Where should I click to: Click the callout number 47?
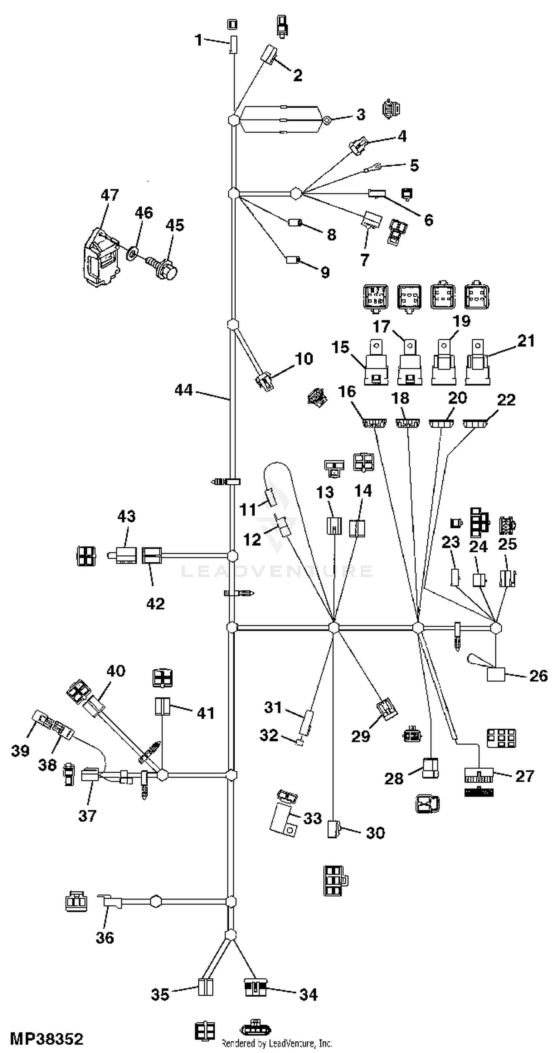(x=110, y=195)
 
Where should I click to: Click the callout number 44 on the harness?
(x=184, y=390)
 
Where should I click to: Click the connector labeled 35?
(x=206, y=987)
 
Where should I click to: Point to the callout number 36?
(x=105, y=937)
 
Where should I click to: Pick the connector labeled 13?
(x=334, y=526)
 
